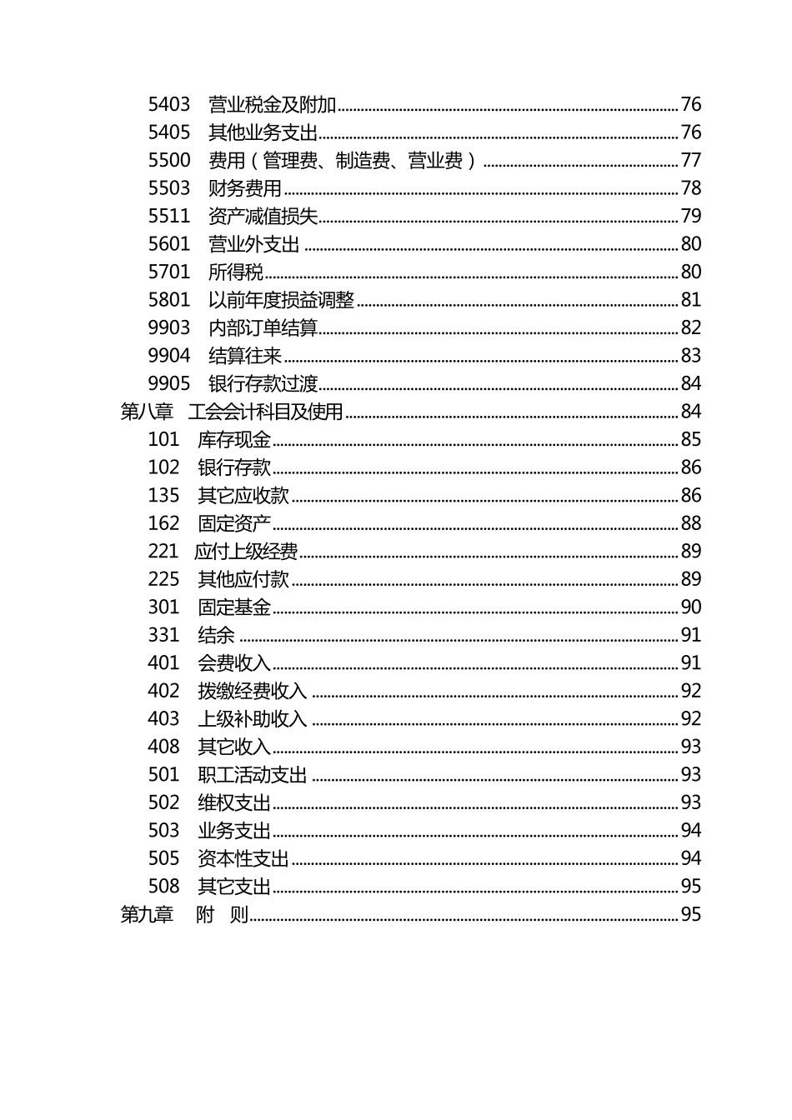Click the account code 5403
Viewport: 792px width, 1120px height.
169,104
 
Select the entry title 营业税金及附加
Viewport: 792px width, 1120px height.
272,104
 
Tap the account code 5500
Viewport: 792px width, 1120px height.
169,160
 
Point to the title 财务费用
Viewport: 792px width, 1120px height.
244,188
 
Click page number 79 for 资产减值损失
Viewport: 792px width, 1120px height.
691,216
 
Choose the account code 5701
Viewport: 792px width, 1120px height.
169,272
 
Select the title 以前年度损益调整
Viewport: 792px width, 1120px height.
281,300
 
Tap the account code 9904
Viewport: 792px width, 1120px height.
169,356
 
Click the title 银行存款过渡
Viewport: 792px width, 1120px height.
263,383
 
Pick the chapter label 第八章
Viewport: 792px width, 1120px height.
147,412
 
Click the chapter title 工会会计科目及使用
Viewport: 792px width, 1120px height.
266,412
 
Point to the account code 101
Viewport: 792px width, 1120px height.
163,439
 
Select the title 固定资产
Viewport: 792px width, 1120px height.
234,523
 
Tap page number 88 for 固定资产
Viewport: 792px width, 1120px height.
691,523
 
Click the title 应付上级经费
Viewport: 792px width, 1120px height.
246,551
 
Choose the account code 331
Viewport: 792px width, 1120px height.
163,635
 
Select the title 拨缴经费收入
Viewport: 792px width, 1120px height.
253,691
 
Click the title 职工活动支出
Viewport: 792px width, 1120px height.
253,775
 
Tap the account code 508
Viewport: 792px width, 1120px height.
163,887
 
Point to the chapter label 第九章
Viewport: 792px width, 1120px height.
147,914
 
